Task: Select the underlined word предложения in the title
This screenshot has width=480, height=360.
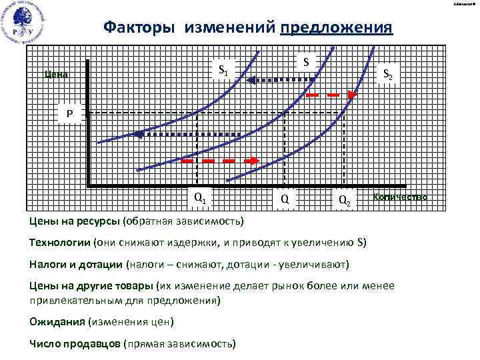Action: pos(337,27)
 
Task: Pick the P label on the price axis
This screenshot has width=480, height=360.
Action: pos(69,114)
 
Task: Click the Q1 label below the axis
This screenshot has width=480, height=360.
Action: pos(199,197)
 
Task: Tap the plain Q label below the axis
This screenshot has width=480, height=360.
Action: pos(285,199)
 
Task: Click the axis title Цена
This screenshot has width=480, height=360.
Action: pos(55,74)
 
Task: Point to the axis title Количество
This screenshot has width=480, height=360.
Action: pos(400,197)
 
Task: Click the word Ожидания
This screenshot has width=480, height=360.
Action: pos(57,322)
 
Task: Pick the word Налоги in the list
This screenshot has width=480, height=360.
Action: pos(48,264)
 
